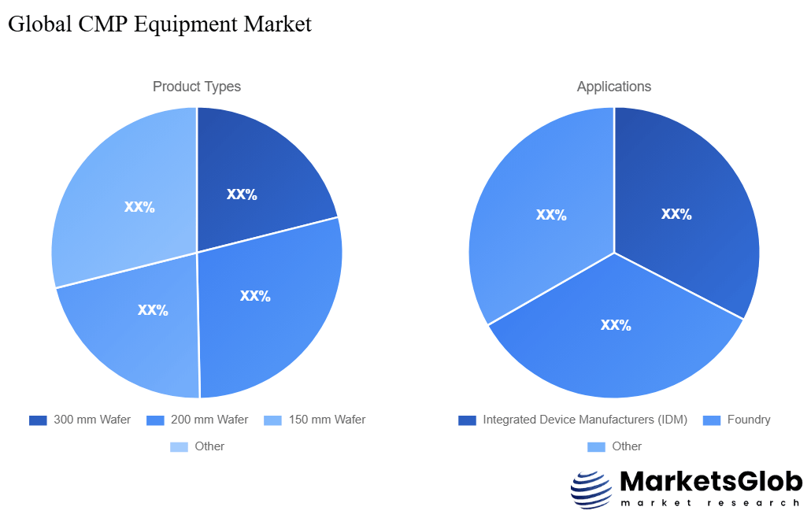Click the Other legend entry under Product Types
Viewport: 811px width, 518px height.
(209, 446)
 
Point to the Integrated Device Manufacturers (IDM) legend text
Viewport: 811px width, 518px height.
(584, 420)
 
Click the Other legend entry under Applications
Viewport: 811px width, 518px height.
(626, 446)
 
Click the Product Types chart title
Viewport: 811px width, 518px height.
(197, 87)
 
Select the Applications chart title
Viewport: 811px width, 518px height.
(614, 87)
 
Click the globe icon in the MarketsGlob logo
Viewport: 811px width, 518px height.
(591, 490)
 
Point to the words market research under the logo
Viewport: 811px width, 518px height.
(710, 503)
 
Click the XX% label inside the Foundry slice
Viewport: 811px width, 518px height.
(616, 324)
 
